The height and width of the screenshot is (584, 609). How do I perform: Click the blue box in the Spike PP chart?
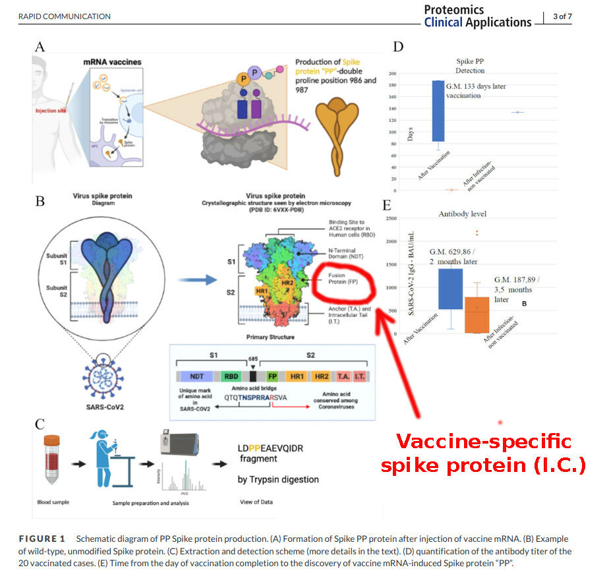(x=438, y=111)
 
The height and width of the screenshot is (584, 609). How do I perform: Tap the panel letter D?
(x=398, y=47)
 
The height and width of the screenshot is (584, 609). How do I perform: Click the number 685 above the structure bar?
(x=252, y=359)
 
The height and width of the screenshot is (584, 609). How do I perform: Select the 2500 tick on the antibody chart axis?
(x=391, y=218)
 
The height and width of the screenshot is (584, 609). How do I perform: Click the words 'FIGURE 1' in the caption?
(x=46, y=539)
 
